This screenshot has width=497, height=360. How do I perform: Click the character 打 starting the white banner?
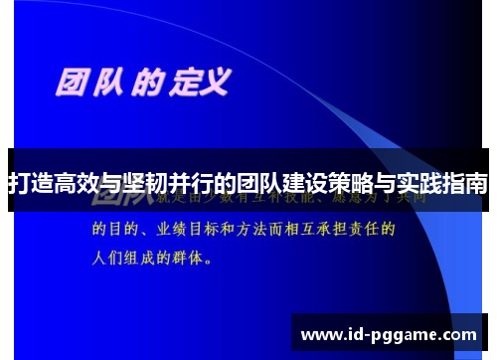pos(18,184)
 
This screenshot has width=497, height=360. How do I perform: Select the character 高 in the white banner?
pos(66,184)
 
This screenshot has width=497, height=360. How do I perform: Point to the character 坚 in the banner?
pos(136,184)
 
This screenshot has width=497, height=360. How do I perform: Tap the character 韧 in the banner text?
pos(160,184)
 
